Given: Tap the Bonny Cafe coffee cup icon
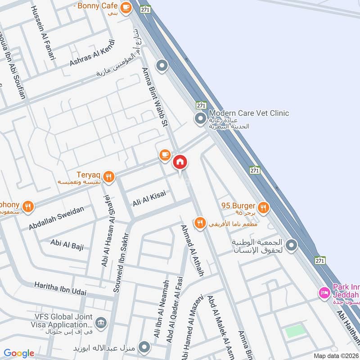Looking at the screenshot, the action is (126, 6).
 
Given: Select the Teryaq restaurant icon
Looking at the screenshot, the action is (108, 177).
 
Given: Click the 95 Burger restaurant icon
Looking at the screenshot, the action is (264, 207).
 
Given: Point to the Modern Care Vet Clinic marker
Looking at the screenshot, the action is (200, 119).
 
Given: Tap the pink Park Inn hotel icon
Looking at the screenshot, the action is (323, 292).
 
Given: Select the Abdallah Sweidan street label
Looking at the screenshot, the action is (56, 218).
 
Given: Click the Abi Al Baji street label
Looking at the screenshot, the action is (67, 244).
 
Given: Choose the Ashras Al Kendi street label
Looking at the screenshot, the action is (92, 53).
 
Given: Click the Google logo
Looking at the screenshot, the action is (19, 353).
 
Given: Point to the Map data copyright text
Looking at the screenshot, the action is (335, 355).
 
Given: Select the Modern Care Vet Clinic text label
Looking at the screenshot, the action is (248, 113).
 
